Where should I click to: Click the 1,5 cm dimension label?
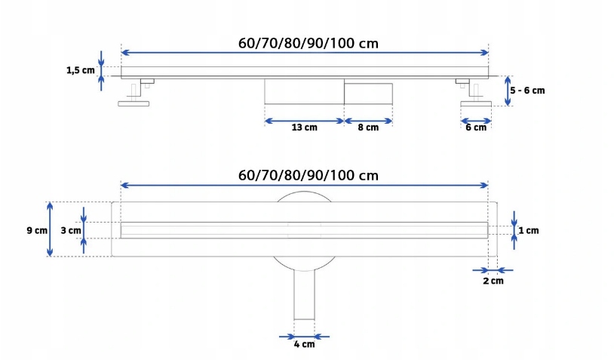coord(80,70)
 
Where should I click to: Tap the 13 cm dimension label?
coord(304,128)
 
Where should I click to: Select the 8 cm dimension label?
coord(368,128)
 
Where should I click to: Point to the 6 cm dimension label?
coord(475,128)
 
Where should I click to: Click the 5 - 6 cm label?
coord(527,90)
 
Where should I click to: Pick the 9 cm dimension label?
coord(37,229)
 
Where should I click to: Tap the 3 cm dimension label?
coord(70,229)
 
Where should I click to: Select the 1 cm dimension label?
coord(529,229)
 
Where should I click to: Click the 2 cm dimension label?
coord(493,281)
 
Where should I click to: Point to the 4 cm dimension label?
coord(304,346)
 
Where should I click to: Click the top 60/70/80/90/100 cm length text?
coord(308,43)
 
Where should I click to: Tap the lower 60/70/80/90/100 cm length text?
coord(308,175)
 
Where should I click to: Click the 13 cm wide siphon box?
coord(304,93)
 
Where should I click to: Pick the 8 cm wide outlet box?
coord(368,93)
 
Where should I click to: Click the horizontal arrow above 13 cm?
coord(304,119)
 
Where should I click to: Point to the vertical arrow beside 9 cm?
coord(51,229)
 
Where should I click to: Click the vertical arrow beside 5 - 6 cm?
coord(508,91)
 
